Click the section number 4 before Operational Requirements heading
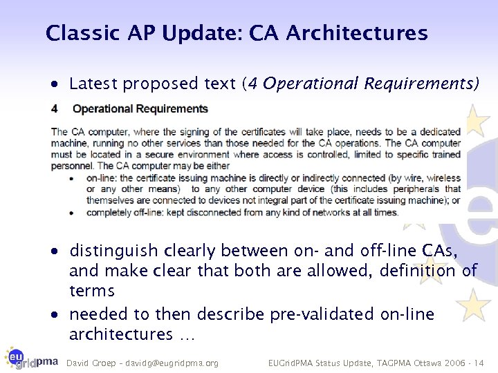55,109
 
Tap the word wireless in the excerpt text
442,178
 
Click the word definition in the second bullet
420,271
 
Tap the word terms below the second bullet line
92,291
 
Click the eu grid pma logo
30,358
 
